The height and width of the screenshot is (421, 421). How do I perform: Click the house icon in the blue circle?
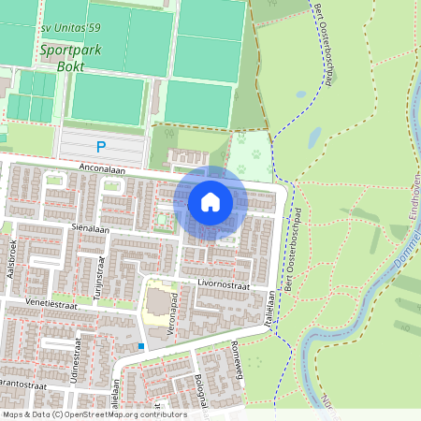tap(210, 201)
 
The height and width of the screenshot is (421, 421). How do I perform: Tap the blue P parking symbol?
tap(101, 146)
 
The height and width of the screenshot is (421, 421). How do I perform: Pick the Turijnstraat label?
tap(97, 272)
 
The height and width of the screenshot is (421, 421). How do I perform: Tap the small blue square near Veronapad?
tap(141, 346)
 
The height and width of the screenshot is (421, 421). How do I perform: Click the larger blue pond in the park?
tap(314, 138)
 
